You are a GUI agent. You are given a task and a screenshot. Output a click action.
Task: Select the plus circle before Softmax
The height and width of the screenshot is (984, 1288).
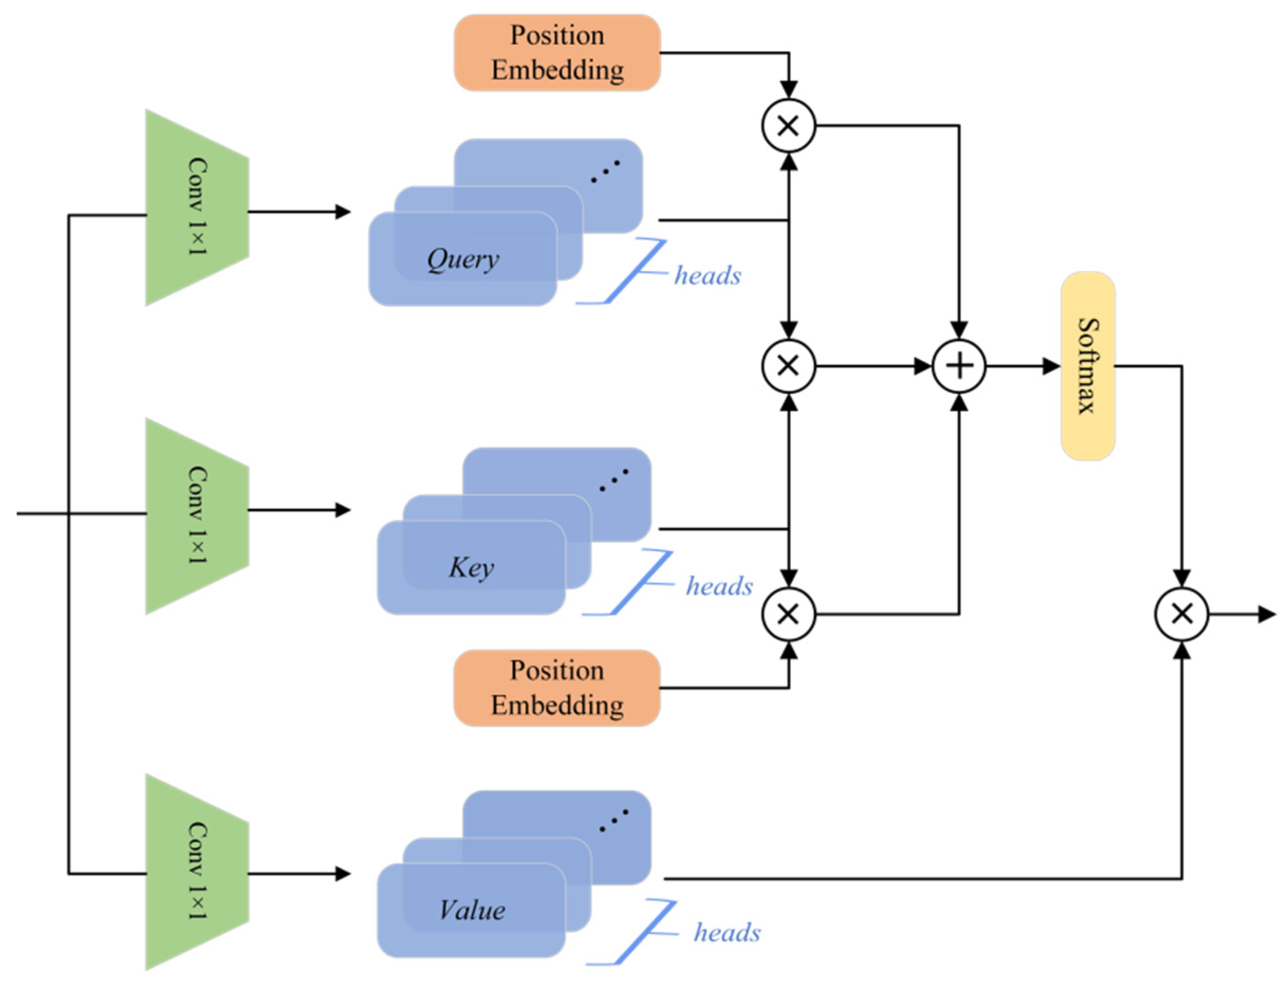click(958, 366)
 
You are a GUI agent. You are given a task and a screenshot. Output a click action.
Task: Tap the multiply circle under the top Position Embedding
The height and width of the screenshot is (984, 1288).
click(788, 125)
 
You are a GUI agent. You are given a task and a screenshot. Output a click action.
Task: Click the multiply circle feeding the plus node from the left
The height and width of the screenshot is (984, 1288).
click(788, 366)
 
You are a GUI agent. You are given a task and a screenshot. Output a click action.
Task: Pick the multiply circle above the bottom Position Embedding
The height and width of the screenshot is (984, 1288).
click(788, 614)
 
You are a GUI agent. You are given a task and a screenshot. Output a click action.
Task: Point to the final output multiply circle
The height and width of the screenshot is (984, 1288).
click(1181, 614)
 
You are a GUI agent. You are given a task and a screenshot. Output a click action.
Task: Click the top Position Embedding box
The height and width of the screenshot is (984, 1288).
click(557, 53)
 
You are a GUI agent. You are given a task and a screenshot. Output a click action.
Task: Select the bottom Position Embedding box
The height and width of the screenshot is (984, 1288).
click(557, 688)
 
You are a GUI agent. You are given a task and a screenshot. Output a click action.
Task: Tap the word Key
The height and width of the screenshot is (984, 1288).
click(472, 567)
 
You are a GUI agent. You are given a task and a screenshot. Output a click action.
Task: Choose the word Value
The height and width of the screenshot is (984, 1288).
click(472, 910)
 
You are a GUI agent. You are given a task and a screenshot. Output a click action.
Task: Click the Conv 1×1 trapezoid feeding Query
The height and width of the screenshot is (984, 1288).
click(197, 207)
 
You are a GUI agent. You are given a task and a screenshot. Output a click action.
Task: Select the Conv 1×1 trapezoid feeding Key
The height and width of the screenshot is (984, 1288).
click(197, 516)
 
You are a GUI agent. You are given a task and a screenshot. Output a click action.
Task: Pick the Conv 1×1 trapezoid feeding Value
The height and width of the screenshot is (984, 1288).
click(197, 872)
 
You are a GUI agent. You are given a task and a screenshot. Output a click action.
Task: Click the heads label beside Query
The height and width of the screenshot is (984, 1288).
click(707, 275)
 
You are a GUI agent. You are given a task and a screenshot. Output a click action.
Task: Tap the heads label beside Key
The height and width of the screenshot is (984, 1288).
click(720, 586)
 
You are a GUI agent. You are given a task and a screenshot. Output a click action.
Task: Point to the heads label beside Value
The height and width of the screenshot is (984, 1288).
click(727, 932)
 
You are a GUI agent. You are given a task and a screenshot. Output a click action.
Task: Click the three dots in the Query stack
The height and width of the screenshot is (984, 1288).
click(605, 171)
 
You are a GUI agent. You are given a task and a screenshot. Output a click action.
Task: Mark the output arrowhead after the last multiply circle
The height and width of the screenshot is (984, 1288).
click(1267, 614)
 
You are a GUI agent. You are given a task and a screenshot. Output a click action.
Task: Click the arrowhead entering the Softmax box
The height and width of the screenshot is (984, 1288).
click(1052, 366)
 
